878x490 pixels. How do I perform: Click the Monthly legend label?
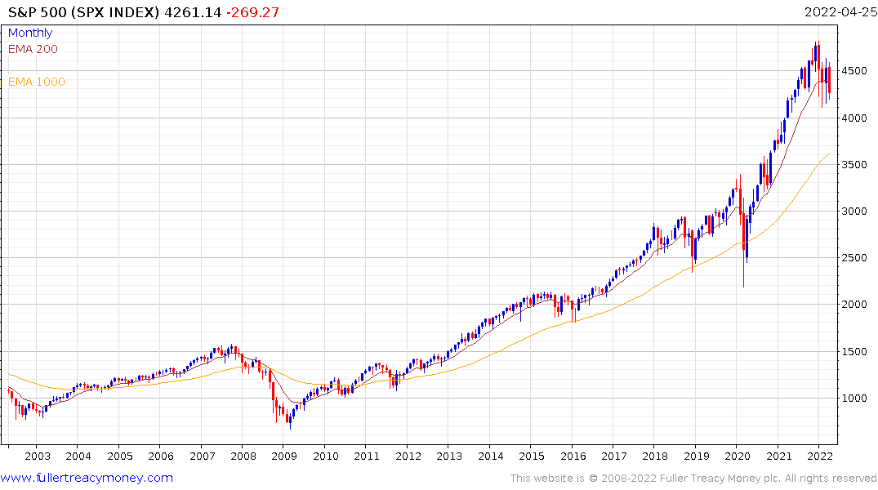point(30,33)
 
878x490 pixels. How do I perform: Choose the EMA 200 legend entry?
point(33,49)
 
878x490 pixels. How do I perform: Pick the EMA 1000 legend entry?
point(37,82)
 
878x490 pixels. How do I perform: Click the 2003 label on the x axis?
point(37,457)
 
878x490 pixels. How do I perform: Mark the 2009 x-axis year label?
point(283,457)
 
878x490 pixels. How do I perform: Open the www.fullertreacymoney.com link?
point(87,478)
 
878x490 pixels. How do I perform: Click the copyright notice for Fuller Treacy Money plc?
point(693,478)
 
